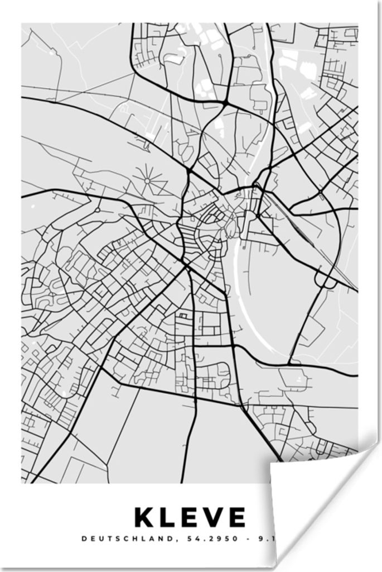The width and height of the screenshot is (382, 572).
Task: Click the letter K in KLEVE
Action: [144, 518]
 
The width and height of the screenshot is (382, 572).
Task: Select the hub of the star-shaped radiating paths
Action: [147, 180]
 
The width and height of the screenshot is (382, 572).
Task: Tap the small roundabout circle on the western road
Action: [97, 211]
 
